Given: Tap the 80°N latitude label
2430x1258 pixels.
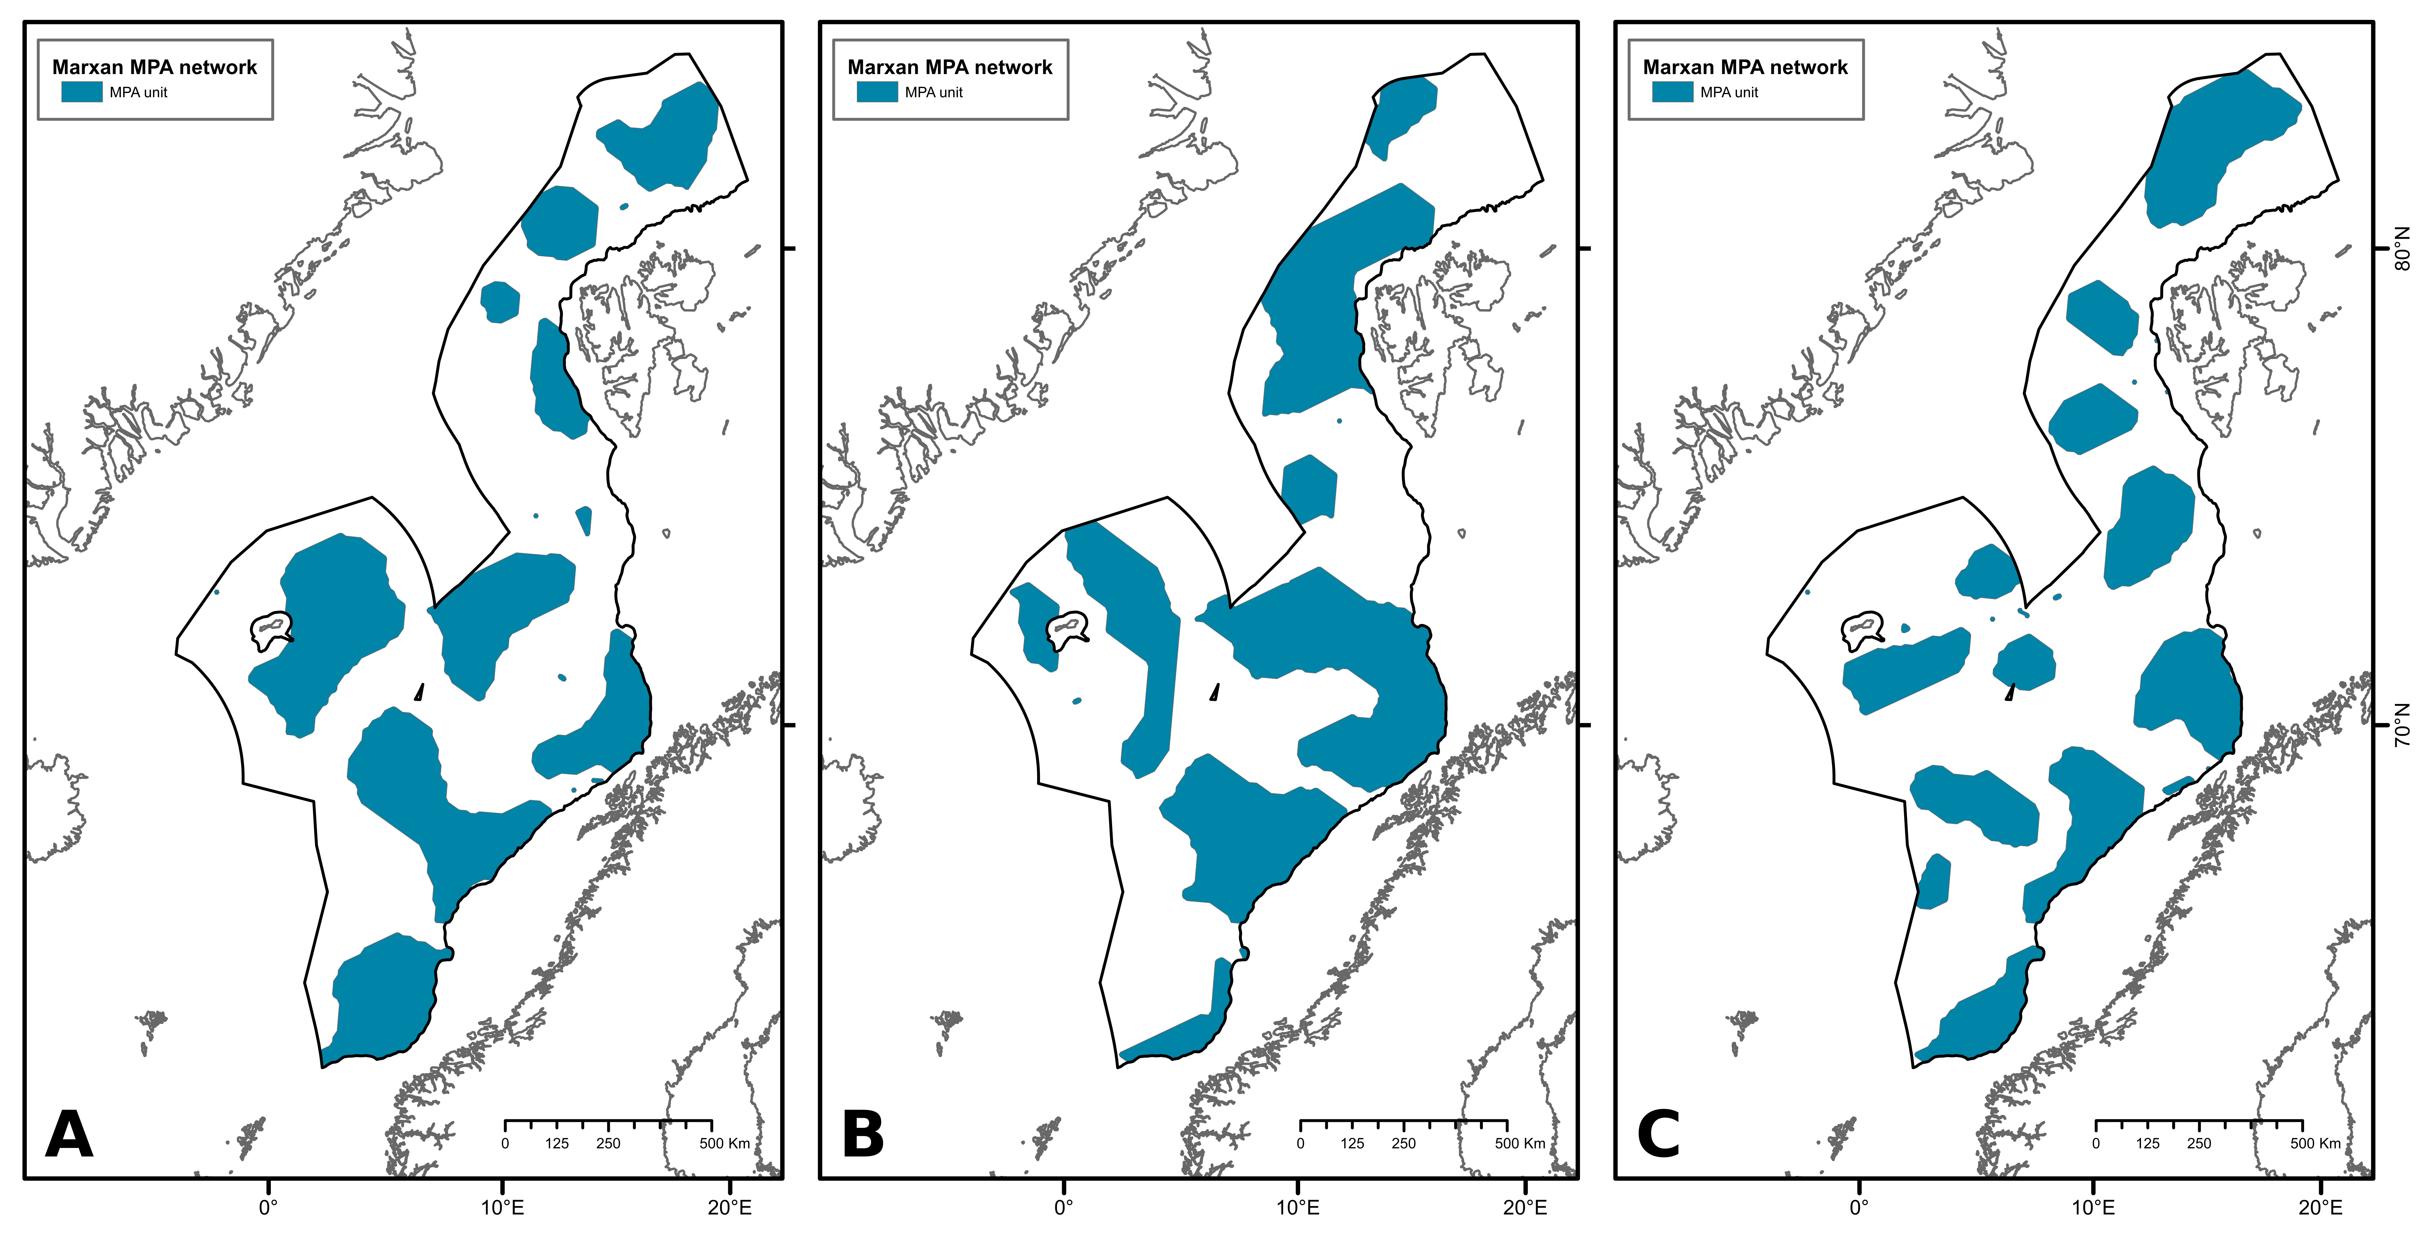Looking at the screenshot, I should click(2403, 248).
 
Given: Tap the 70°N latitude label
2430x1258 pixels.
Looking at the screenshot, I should click(2403, 724).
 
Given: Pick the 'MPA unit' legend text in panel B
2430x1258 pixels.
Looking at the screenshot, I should click(934, 93).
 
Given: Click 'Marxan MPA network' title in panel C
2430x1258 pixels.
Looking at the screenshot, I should click(1745, 67).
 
